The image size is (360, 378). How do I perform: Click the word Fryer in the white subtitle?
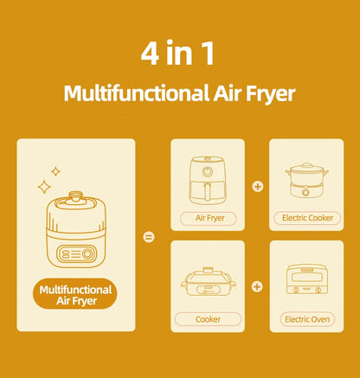pyautogui.click(x=266, y=93)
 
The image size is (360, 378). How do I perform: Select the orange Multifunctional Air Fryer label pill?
pyautogui.click(x=76, y=295)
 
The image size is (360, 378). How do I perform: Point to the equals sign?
pyautogui.click(x=148, y=236)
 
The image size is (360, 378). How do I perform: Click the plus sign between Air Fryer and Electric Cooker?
pyautogui.click(x=257, y=186)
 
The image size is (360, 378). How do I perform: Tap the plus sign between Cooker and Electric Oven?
pyautogui.click(x=257, y=286)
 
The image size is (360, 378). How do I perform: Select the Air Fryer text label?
pyautogui.click(x=208, y=217)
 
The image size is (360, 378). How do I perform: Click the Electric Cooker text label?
pyautogui.click(x=306, y=217)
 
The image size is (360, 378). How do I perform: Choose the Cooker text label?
pyautogui.click(x=208, y=319)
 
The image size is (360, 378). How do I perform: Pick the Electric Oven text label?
pyautogui.click(x=306, y=319)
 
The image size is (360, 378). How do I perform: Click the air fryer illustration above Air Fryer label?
pyautogui.click(x=208, y=179)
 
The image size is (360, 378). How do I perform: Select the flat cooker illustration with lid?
pyautogui.click(x=208, y=281)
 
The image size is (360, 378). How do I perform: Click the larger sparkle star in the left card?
pyautogui.click(x=43, y=186)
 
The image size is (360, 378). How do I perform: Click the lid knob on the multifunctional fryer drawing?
pyautogui.click(x=76, y=197)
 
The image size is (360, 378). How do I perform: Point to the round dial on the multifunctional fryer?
pyautogui.click(x=87, y=254)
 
